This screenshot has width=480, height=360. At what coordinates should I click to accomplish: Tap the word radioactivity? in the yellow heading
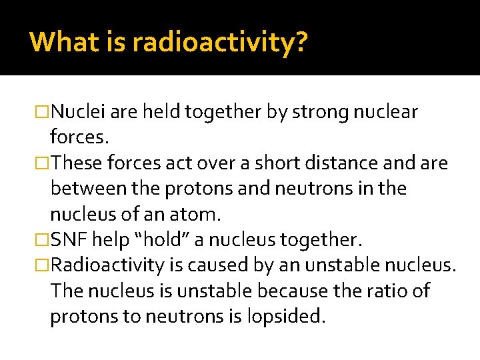coord(220,43)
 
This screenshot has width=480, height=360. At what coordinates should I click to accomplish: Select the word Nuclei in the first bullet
coord(78,111)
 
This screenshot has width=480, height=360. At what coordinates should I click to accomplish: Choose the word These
coord(79,163)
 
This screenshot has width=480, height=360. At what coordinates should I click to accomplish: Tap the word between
coord(90,189)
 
